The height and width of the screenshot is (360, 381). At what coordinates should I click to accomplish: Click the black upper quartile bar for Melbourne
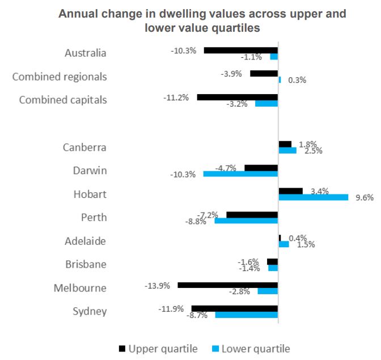[227, 285]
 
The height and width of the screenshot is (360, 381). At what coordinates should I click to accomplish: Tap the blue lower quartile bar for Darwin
[240, 173]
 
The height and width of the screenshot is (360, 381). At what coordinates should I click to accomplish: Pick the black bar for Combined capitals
[237, 97]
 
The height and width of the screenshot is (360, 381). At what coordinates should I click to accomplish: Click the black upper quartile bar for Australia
[240, 50]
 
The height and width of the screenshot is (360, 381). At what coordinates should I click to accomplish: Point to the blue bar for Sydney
[246, 314]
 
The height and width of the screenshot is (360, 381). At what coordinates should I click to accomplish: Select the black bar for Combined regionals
[264, 73]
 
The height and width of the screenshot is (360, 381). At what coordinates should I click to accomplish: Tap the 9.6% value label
[365, 198]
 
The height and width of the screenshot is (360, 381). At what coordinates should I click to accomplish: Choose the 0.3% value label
[297, 80]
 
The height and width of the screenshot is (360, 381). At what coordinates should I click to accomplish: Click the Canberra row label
[84, 147]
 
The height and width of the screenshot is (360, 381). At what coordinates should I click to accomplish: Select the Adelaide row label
[84, 241]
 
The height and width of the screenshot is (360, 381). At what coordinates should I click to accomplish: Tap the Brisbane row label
[84, 264]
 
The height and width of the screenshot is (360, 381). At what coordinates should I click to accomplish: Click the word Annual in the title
[77, 13]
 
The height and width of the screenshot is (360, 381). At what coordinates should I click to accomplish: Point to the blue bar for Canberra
[287, 151]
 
